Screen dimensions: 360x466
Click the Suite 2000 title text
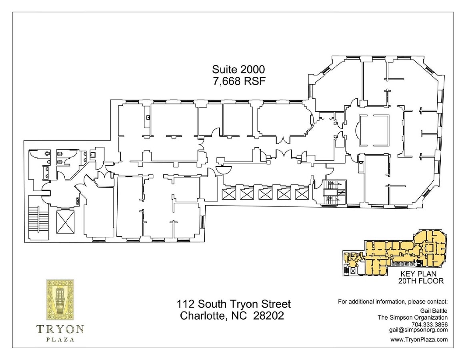tap(238, 69)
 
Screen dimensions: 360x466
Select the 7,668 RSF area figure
tap(238, 80)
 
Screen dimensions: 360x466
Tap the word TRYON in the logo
tap(60, 329)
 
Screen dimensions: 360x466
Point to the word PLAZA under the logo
tap(60, 340)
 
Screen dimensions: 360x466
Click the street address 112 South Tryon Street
tap(234, 304)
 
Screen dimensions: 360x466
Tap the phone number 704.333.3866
tap(430, 324)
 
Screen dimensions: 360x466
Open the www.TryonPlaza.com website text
tap(419, 340)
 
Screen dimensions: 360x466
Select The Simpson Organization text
tap(413, 318)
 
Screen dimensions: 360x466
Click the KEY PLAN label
tap(420, 274)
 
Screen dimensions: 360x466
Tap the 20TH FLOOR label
tap(420, 281)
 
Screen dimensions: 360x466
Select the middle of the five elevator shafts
tap(265, 194)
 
